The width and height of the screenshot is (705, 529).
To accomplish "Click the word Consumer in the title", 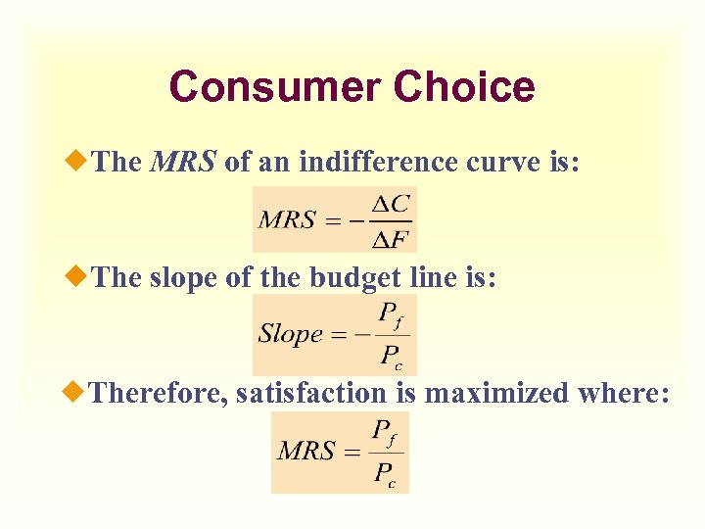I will (x=275, y=86).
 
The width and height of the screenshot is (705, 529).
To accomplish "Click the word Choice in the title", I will (x=464, y=86).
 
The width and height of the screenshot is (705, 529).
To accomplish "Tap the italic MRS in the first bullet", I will (x=183, y=163).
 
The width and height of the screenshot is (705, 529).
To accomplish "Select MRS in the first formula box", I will (x=287, y=220).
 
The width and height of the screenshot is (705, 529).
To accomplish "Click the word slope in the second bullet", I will (x=183, y=278).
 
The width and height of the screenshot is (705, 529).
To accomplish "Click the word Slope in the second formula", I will (x=290, y=333).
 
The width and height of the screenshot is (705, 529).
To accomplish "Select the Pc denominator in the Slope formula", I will (x=391, y=355).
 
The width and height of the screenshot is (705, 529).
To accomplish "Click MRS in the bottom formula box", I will (x=306, y=452).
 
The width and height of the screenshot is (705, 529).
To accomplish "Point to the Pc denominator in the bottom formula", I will (x=385, y=473).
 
